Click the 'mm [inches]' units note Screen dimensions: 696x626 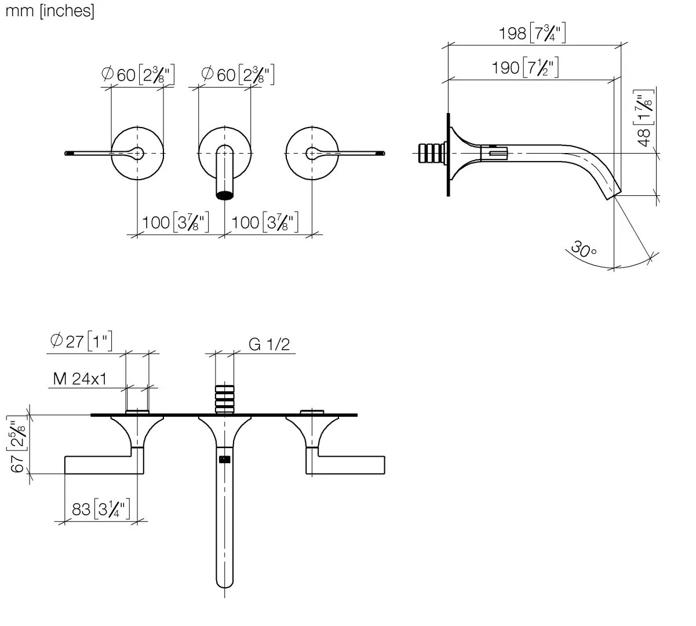point(50,11)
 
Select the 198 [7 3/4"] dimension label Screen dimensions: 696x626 point(532,33)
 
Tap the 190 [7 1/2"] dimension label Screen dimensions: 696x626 point(525,67)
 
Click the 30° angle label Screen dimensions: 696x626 point(584,249)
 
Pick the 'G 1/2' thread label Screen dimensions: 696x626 point(269,344)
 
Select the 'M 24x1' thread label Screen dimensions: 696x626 point(80,379)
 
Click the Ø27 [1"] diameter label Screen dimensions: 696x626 point(81,341)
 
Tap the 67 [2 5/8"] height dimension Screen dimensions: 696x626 point(17,445)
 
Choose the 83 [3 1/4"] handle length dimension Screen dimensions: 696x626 point(101,509)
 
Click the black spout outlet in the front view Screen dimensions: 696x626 point(224,195)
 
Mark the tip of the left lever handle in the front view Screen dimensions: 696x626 point(66,153)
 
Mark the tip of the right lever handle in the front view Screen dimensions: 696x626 point(384,153)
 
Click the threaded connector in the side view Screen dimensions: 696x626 point(432,153)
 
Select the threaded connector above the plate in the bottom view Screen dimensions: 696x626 point(224,399)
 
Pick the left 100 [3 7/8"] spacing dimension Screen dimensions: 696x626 point(176,222)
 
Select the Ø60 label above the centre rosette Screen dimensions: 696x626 point(238,74)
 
